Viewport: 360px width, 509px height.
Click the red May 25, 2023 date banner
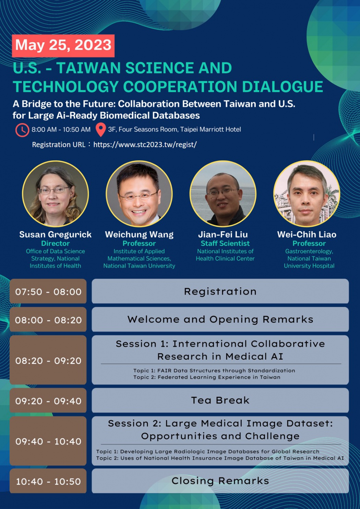click(x=63, y=46)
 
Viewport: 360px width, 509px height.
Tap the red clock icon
click(x=22, y=130)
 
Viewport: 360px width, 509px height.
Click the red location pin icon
click(x=101, y=130)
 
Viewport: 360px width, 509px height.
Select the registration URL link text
click(x=145, y=144)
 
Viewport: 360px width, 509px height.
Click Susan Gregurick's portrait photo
click(x=56, y=193)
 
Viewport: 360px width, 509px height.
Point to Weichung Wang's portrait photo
click(x=139, y=193)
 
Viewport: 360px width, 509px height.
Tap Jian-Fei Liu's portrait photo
click(x=223, y=193)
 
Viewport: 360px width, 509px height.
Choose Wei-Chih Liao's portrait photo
click(x=307, y=193)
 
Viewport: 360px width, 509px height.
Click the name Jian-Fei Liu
click(x=223, y=234)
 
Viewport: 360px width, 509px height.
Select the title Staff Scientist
click(x=225, y=244)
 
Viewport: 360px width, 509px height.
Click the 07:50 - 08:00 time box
click(x=48, y=291)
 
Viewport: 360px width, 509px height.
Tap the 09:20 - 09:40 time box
click(x=48, y=400)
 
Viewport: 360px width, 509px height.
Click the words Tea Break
click(x=220, y=400)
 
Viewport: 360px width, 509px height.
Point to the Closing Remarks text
click(x=220, y=481)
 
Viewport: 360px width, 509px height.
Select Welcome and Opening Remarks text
click(x=220, y=319)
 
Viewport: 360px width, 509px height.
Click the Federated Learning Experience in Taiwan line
click(x=207, y=377)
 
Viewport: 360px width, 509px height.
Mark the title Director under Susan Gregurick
click(x=56, y=244)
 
